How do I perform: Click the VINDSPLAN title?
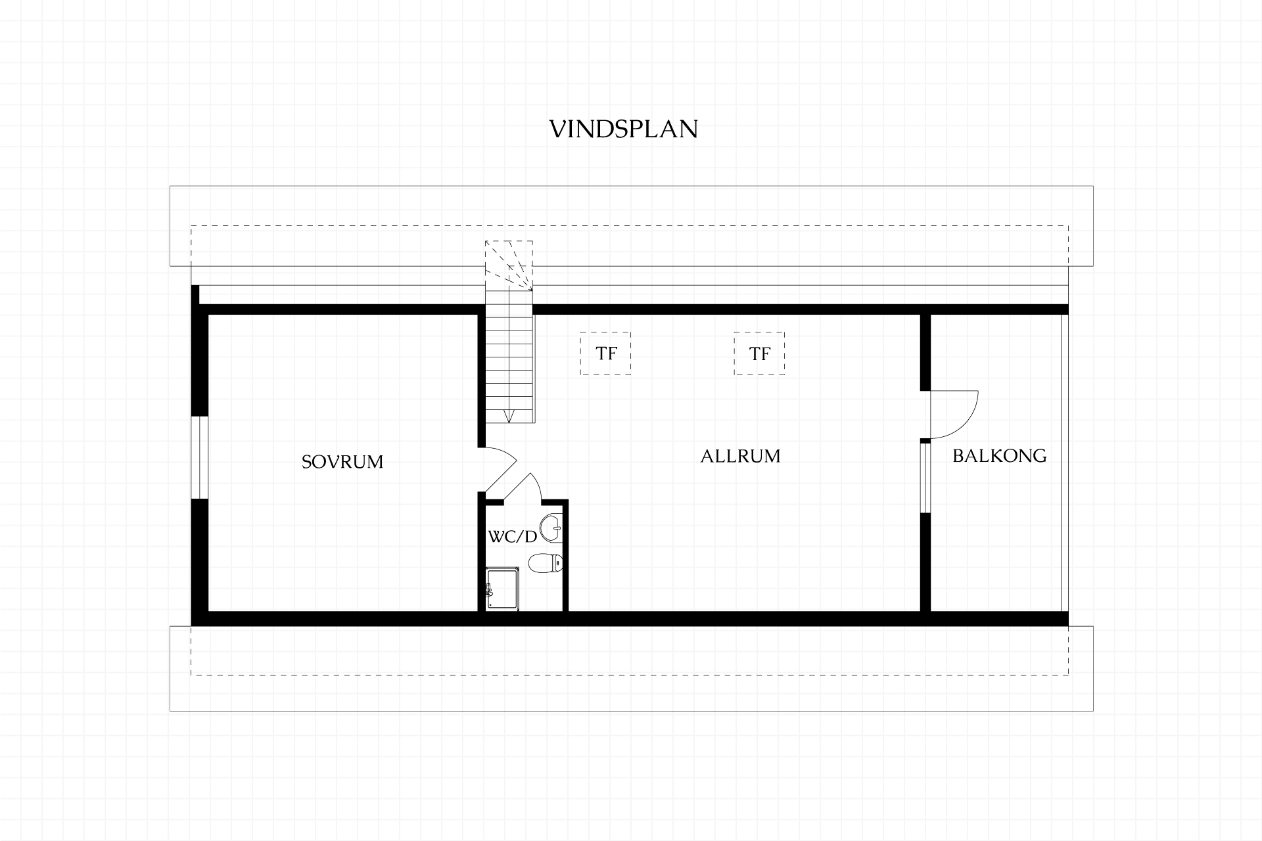click(x=623, y=129)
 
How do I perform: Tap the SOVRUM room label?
click(x=342, y=462)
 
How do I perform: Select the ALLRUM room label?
click(x=740, y=456)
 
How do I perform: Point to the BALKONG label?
click(x=999, y=455)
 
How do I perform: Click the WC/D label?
click(x=513, y=537)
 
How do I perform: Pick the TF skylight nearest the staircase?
click(x=605, y=353)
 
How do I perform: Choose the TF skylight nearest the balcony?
click(x=759, y=353)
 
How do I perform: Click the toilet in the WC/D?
click(x=546, y=563)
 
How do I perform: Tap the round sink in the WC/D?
click(x=551, y=528)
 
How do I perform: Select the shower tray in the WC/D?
click(x=503, y=589)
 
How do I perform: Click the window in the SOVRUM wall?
click(x=200, y=457)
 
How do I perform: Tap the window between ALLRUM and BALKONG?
click(x=925, y=477)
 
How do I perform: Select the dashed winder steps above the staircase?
click(x=509, y=265)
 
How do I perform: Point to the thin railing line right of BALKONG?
click(x=1061, y=463)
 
